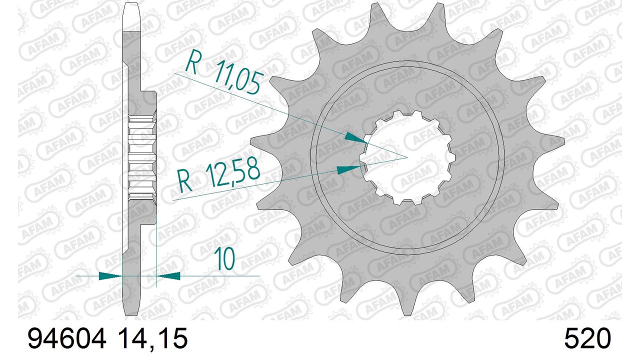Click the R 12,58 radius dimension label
[x=219, y=177]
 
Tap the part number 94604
[x=67, y=338]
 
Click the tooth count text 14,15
[x=152, y=338]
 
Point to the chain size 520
[x=587, y=338]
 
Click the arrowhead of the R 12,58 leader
[x=348, y=169]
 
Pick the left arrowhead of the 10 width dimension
[x=110, y=276]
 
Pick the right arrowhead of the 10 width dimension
[x=168, y=276]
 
